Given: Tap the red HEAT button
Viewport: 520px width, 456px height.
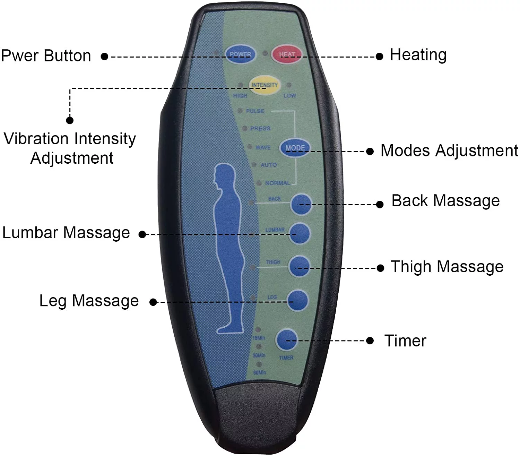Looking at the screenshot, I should (x=287, y=54).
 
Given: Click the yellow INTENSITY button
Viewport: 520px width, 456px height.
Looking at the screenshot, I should (x=265, y=85).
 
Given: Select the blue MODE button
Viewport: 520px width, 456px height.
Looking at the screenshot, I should (x=295, y=148).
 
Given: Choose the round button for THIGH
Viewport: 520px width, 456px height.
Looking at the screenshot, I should (x=300, y=266).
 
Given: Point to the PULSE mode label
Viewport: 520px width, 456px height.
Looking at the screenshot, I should (x=255, y=111).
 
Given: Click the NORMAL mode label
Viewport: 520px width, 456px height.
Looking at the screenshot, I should (x=277, y=183).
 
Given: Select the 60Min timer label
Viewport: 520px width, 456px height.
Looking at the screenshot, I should (x=260, y=372).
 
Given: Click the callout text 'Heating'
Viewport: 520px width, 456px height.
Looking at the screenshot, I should (x=418, y=55).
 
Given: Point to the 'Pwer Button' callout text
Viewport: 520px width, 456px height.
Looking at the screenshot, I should (x=46, y=56).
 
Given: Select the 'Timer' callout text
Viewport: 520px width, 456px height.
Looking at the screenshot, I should (x=405, y=341).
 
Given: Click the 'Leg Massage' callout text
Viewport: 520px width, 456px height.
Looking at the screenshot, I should (x=89, y=301).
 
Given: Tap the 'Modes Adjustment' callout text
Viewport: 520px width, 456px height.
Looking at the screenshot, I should (x=449, y=151).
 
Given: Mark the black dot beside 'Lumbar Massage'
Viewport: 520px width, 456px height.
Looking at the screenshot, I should (x=142, y=234).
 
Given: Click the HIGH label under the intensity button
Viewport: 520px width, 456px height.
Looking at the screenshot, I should (x=240, y=96).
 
